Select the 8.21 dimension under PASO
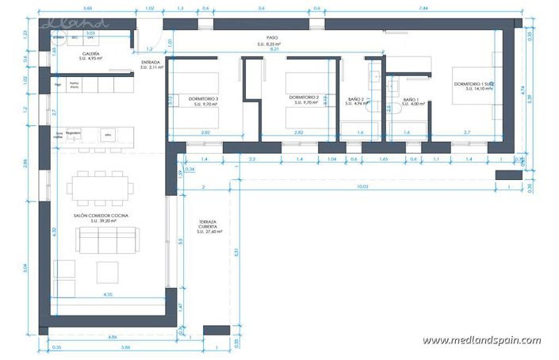[275, 49]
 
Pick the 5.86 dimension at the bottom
[126, 347]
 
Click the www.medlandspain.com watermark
[481, 341]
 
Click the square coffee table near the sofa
[108, 271]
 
